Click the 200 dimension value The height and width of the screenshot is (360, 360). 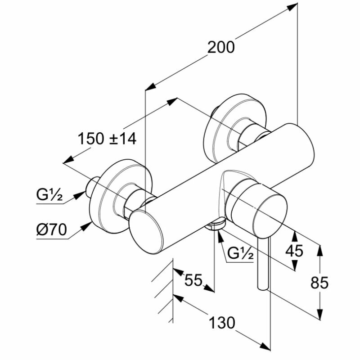point(221,47)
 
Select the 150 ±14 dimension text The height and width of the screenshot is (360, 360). point(107,138)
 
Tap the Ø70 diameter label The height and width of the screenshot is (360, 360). point(51,230)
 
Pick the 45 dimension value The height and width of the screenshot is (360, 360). point(295,251)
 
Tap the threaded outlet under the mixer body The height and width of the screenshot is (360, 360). point(216,224)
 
